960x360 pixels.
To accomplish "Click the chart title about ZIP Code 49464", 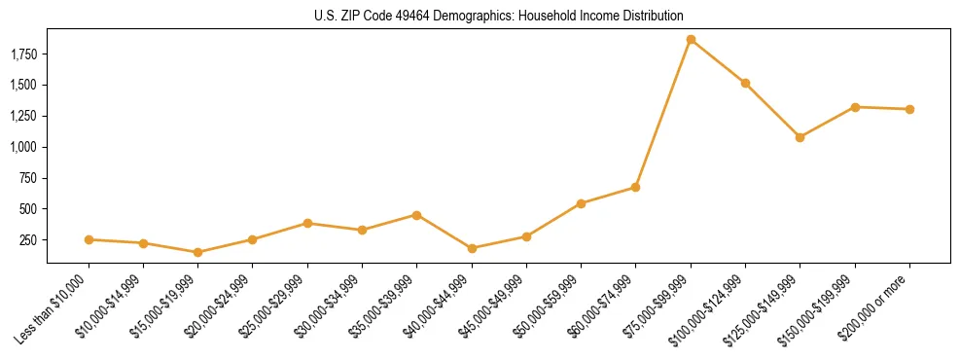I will tap(499, 17).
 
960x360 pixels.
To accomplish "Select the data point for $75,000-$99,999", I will tap(691, 40).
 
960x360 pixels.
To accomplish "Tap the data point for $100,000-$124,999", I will tap(745, 84).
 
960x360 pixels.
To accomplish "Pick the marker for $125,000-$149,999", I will tap(800, 137).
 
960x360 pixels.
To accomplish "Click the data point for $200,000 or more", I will tap(909, 109).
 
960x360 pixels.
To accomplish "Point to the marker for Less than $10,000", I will tap(89, 239).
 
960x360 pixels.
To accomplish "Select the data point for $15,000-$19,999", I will tap(198, 252).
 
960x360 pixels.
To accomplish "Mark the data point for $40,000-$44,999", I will tap(472, 248).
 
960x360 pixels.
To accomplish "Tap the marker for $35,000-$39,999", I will tap(417, 215).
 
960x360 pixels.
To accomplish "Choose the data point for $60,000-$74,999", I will tap(636, 187).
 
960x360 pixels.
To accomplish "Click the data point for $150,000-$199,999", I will tap(855, 107).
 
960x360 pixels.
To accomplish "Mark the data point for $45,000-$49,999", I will tap(526, 236).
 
